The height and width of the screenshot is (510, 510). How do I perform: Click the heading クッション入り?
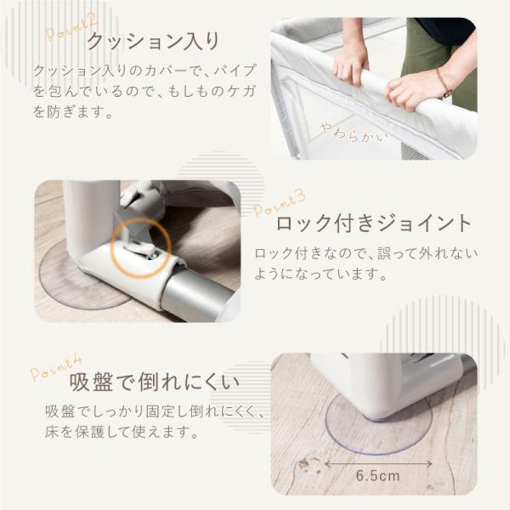(153, 42)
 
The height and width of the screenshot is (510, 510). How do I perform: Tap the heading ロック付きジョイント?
(373, 224)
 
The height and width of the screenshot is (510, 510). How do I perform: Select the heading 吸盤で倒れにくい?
(154, 382)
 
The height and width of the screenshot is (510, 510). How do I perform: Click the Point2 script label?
(71, 28)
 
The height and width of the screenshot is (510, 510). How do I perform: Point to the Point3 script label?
(280, 204)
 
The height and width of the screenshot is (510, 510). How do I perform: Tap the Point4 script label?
(56, 369)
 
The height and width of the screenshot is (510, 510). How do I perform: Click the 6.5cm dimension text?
(377, 476)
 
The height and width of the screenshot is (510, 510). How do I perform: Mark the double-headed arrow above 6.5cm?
(378, 463)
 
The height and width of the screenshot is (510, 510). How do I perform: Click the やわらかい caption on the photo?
(354, 133)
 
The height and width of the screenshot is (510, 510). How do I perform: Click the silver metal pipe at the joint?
(199, 298)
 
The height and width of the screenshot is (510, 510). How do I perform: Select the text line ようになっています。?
(320, 274)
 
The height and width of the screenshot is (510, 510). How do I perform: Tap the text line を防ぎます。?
(73, 112)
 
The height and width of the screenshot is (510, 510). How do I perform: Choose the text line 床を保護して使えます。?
(122, 432)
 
